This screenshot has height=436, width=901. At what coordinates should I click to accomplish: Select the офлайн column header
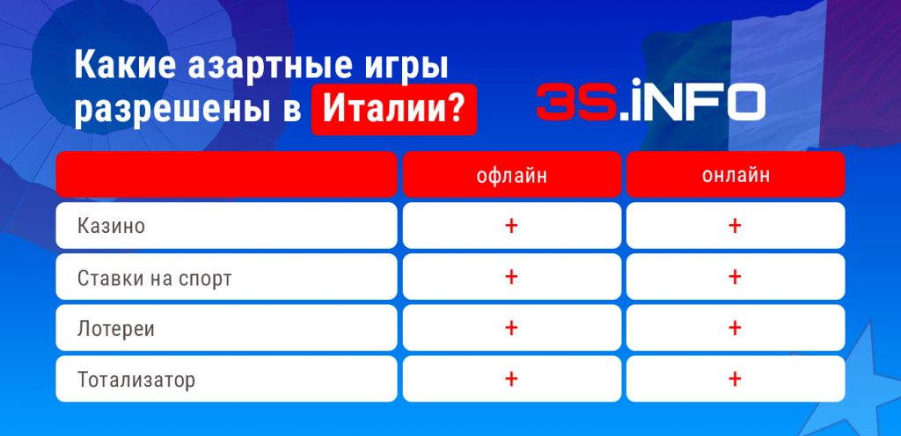[x=511, y=175]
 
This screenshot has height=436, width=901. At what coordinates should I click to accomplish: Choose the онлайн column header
[x=736, y=175]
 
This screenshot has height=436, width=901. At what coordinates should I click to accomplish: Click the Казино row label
[x=111, y=226]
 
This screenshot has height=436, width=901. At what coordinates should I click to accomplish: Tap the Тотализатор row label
[x=136, y=380]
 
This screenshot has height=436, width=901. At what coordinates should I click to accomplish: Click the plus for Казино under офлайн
[x=511, y=226]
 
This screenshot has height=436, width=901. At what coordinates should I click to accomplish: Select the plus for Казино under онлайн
[x=736, y=226]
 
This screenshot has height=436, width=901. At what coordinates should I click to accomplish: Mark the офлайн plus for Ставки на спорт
[x=511, y=277]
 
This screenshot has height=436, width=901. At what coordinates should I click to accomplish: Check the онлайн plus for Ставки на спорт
[x=736, y=277]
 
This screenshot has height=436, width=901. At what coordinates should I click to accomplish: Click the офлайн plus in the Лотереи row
[x=511, y=329]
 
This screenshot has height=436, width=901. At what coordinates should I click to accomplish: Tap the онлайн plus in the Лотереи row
[x=736, y=329]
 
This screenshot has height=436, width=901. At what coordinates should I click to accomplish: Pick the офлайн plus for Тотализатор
[x=511, y=380]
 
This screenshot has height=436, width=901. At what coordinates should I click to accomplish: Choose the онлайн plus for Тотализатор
[x=736, y=380]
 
